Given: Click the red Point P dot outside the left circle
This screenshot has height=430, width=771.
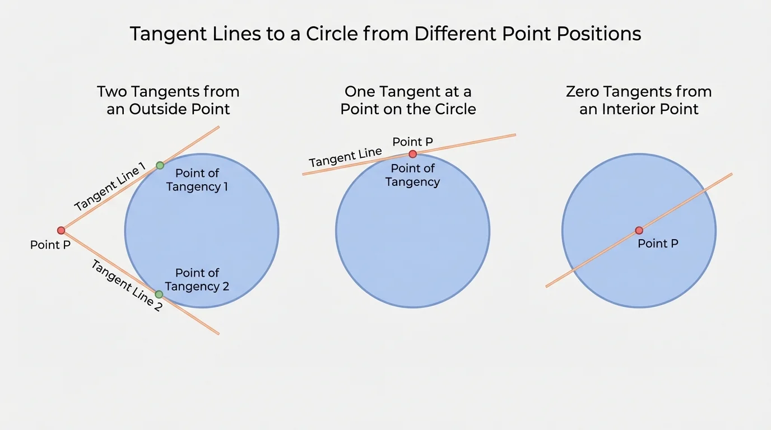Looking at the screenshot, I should [61, 230].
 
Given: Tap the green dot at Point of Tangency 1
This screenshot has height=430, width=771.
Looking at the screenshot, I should [160, 165].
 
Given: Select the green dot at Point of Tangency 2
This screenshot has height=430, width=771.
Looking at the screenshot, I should [159, 294].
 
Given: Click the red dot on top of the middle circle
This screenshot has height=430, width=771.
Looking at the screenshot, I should [413, 154].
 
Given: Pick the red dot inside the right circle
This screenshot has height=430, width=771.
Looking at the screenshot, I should [639, 230].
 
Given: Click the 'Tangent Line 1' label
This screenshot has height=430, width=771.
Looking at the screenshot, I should [110, 186].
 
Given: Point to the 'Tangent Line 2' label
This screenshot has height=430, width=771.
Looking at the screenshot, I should [127, 286].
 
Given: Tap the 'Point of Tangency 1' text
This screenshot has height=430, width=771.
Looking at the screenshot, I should [197, 180].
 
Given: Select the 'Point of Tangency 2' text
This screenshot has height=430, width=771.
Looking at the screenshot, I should [197, 279].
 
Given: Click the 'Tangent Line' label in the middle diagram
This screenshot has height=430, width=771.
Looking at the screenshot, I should [345, 157].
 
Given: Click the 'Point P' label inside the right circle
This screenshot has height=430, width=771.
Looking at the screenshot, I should [658, 244].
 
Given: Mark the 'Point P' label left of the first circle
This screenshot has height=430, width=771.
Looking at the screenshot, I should [50, 245].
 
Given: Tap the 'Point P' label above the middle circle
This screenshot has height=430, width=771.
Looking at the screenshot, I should [413, 142].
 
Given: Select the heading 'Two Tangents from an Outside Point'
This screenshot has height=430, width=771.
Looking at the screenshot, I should [168, 100].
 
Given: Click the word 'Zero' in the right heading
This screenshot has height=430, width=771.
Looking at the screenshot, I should [584, 91].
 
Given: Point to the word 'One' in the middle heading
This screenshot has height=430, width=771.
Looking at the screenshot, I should [361, 91].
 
